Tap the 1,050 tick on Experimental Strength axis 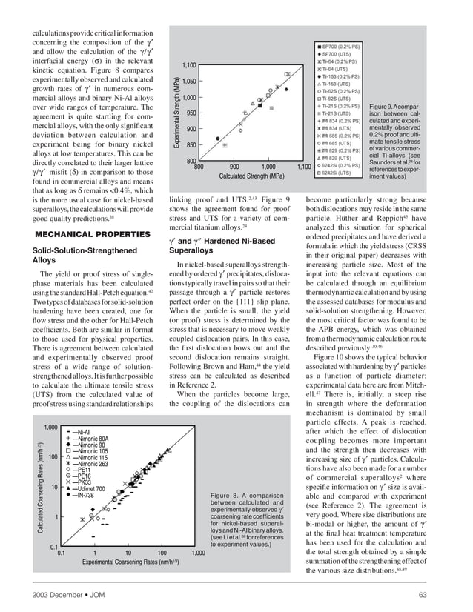pyautogui.click(x=188, y=82)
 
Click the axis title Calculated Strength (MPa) pyautogui.click(x=251, y=177)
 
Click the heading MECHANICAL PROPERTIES pyautogui.click(x=82, y=235)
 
